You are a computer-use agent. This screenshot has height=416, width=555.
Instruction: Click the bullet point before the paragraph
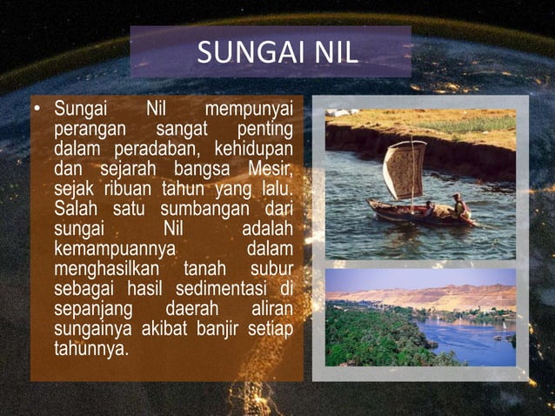39,111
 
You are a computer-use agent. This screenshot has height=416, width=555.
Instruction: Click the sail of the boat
404,169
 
